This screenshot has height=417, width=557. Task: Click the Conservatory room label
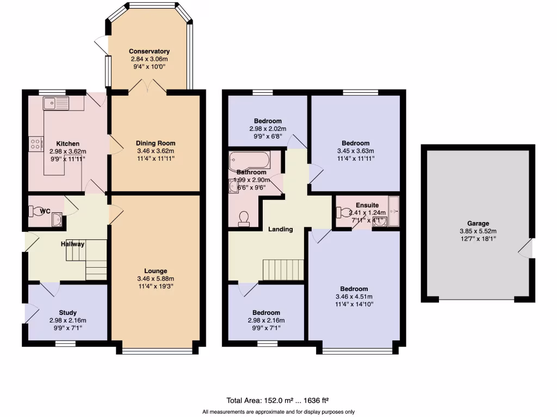[x=149, y=52]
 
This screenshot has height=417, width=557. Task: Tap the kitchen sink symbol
[x=56, y=103]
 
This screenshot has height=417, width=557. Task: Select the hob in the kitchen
[x=36, y=144]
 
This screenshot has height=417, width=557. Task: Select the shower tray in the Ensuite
[x=394, y=211]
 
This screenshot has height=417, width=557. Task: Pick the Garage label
[x=478, y=223]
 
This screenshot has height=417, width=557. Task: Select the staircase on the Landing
[x=283, y=269]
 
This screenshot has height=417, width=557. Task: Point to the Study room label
[x=67, y=313]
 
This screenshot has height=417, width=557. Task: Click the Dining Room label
[x=156, y=143]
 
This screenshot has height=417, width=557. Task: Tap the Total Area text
[x=278, y=401]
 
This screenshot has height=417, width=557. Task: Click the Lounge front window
[x=157, y=350]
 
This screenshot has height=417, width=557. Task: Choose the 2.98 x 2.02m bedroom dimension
[x=268, y=128]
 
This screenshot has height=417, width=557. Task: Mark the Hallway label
[x=72, y=244]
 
